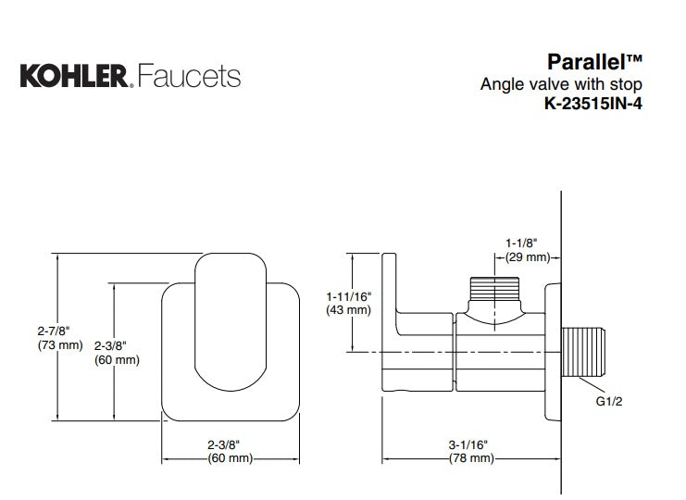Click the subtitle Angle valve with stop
pos(560,84)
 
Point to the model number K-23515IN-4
pos(592,104)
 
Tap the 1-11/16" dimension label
pos(349,295)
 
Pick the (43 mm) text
pos(349,310)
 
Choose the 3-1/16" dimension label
pos(469,444)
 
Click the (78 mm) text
pos(470,458)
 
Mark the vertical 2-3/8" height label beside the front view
pos(117,344)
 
